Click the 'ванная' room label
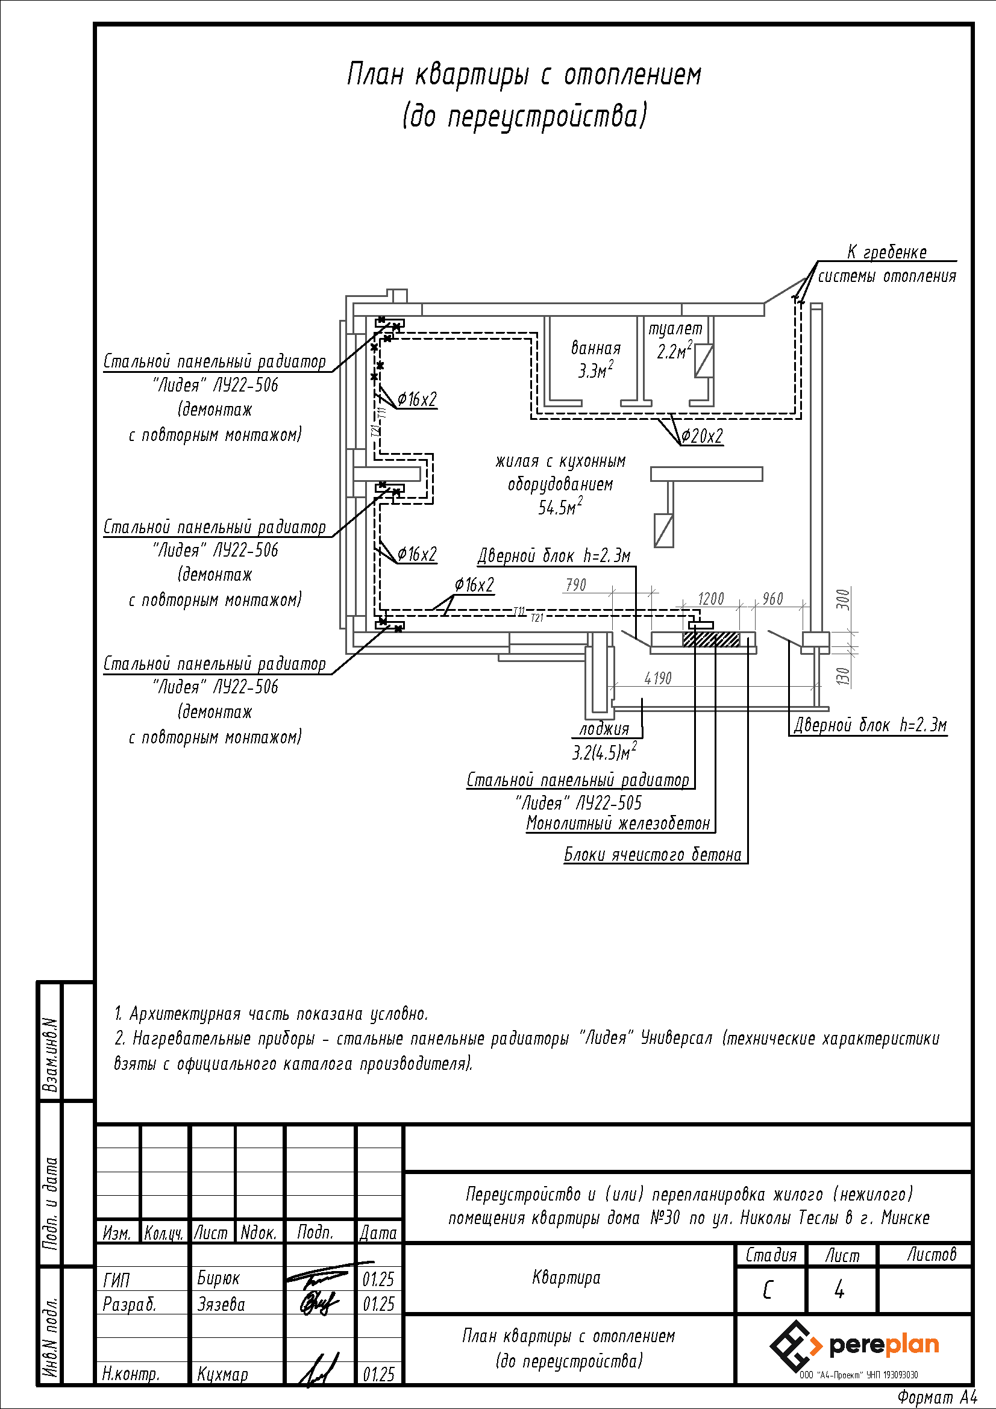[595, 349]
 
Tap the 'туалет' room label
[675, 330]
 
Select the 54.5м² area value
[560, 507]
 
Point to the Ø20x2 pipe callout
[702, 436]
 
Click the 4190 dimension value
[658, 678]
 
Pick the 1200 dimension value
[710, 598]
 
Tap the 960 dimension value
[772, 598]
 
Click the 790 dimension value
[575, 585]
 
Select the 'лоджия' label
[604, 728]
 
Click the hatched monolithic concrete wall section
[711, 640]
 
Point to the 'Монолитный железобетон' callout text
[618, 823]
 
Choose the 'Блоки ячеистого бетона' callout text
[653, 854]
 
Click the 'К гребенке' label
[887, 252]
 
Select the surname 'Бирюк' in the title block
[219, 1278]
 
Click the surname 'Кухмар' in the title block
[222, 1373]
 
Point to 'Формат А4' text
[937, 1397]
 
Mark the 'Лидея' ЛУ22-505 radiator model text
[578, 802]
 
